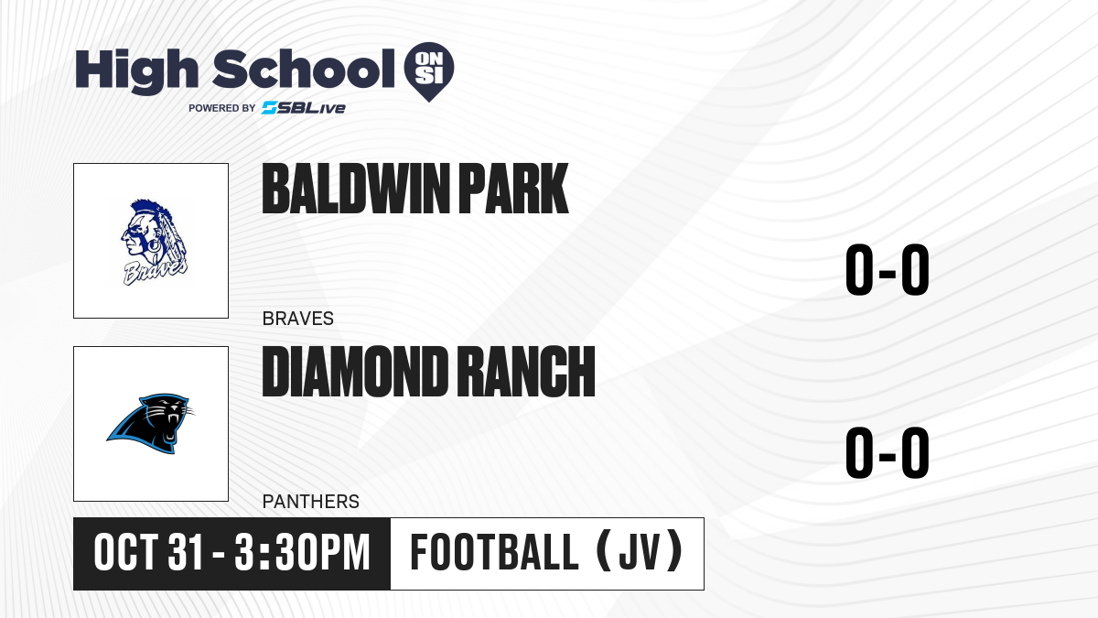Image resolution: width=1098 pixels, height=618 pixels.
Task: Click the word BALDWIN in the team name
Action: [x=356, y=189]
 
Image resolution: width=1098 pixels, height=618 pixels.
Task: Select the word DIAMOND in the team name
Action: [x=354, y=372]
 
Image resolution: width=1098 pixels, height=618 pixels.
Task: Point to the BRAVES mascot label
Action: [x=298, y=319]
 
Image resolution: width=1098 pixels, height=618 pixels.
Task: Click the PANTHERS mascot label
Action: [x=311, y=502]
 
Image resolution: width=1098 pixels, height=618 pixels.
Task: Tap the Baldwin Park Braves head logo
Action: [x=154, y=243]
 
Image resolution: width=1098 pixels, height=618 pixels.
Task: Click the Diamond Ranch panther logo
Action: [x=150, y=423]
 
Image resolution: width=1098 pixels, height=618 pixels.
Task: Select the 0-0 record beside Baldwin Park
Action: [x=888, y=270]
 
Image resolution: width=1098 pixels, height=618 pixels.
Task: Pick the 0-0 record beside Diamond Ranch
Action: [x=888, y=452]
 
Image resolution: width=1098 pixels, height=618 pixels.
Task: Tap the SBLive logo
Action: [x=303, y=108]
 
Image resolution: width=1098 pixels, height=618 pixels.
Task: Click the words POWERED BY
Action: [x=222, y=108]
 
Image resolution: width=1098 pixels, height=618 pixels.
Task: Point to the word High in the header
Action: [x=137, y=70]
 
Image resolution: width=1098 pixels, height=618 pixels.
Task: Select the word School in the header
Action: [x=304, y=68]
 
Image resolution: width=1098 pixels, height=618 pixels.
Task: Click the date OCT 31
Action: [x=148, y=552]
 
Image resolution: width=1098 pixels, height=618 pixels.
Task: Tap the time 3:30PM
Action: [x=302, y=552]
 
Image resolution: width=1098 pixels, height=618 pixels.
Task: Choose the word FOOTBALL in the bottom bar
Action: [x=494, y=552]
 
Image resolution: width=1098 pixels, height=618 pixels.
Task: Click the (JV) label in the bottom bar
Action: [x=640, y=551]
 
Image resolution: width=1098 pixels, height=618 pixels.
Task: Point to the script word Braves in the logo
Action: [x=155, y=272]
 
